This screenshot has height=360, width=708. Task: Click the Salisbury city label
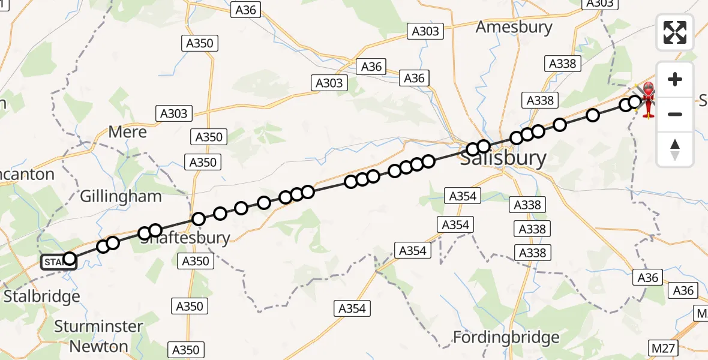503,159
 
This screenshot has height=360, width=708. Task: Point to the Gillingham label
121,196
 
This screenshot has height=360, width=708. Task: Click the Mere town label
127,132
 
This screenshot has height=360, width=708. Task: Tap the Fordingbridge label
506,337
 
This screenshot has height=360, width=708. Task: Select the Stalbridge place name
41,296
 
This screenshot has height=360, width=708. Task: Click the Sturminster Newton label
99,336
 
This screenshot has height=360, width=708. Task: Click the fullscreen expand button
675,32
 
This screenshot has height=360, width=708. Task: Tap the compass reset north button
675,149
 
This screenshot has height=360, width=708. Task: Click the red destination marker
648,99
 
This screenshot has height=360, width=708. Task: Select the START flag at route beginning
58,262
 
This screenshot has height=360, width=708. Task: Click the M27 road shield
664,347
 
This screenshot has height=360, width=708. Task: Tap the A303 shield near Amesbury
425,31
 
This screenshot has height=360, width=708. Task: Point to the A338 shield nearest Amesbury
562,64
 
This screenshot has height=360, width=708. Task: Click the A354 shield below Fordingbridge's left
352,308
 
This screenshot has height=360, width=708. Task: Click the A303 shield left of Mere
173,113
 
